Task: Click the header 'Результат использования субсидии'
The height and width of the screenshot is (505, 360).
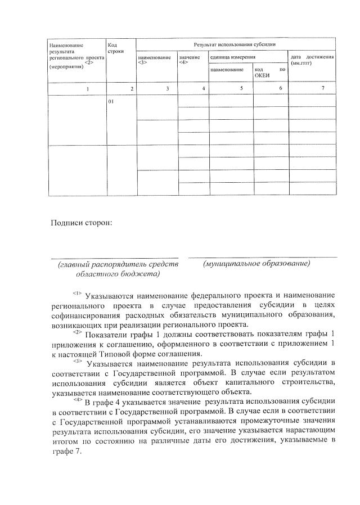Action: [x=234, y=43]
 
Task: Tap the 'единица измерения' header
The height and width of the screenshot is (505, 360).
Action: [x=232, y=57]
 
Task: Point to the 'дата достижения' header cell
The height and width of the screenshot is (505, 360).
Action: [x=312, y=60]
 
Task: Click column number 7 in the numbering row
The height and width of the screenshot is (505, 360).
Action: [x=322, y=89]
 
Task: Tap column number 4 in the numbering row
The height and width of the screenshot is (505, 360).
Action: [x=203, y=89]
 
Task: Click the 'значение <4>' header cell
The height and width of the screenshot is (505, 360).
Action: [x=189, y=60]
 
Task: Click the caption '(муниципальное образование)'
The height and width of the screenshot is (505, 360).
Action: [x=258, y=263]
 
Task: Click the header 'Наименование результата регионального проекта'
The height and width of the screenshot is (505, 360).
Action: [x=70, y=55]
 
